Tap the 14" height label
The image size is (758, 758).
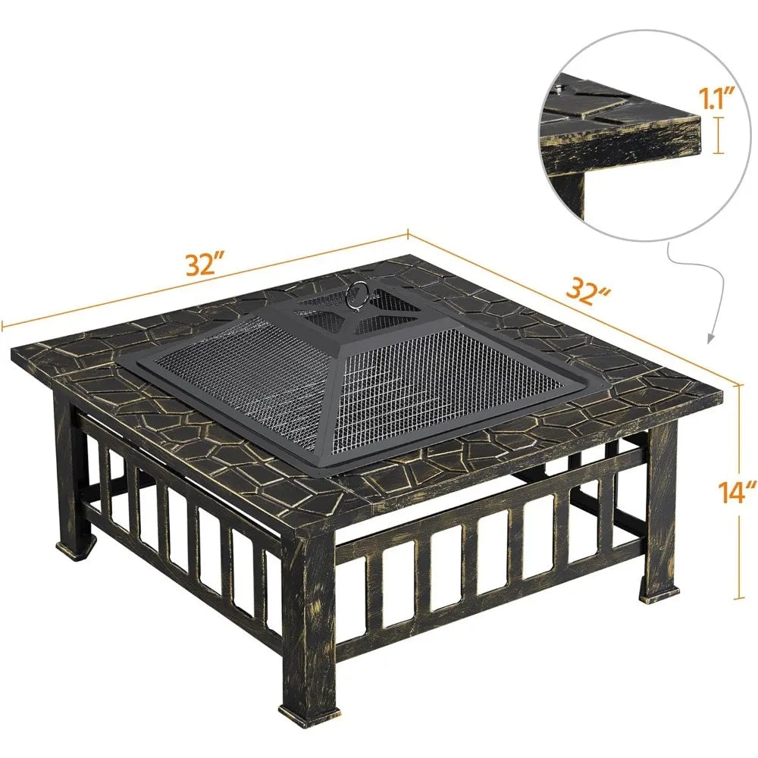point(736,493)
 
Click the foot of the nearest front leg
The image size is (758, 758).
point(307,714)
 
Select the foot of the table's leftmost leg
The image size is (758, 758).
point(77,549)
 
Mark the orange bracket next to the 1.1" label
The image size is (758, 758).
point(719,136)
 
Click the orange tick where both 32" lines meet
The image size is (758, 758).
point(408,234)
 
